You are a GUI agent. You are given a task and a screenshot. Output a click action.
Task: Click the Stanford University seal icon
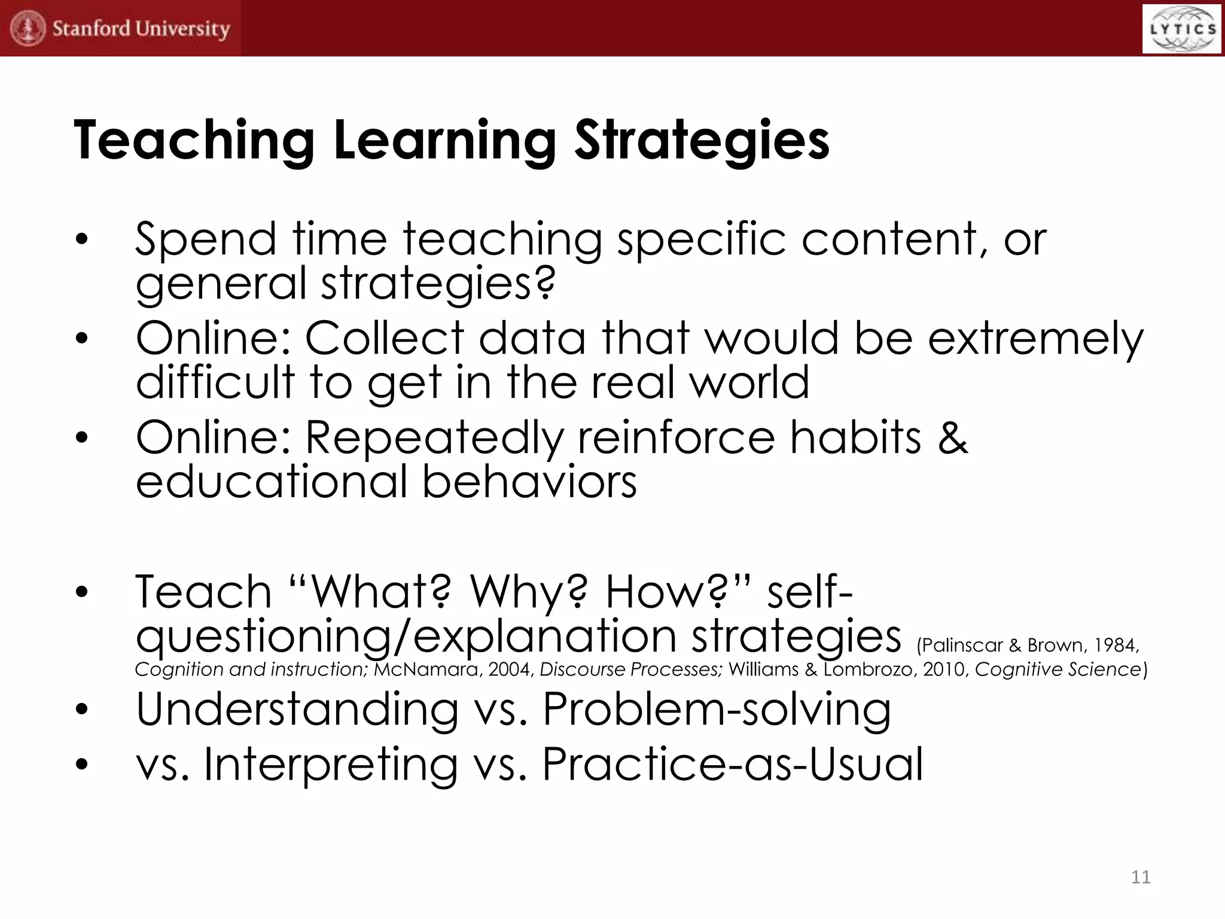tap(28, 28)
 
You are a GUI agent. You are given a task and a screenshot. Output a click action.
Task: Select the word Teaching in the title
tap(194, 141)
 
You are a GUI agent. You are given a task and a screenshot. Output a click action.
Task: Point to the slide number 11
tap(1141, 877)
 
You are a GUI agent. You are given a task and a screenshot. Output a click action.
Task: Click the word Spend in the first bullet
tap(205, 239)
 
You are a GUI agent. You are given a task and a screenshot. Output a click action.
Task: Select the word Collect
tap(385, 339)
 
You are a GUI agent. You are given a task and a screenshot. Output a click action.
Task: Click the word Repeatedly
tap(434, 439)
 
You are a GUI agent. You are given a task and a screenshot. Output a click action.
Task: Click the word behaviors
tap(529, 482)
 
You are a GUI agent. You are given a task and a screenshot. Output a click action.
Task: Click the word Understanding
tap(297, 710)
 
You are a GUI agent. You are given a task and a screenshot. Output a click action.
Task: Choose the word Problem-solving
tap(716, 710)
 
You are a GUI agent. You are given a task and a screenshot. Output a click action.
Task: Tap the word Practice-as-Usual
tap(732, 765)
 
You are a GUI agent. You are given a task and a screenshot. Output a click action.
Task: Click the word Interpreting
tap(331, 765)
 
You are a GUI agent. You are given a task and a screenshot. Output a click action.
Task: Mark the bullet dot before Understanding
tap(82, 710)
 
